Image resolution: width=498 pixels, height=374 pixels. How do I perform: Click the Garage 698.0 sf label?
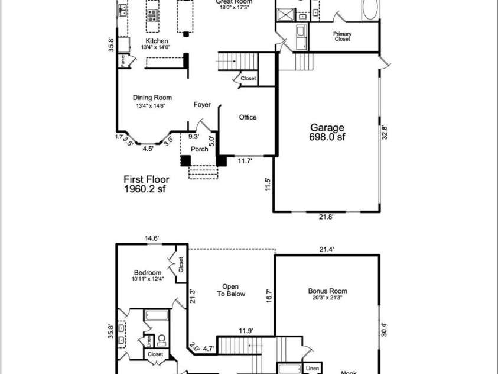pos(327,132)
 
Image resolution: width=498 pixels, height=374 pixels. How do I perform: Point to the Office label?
pos(248,117)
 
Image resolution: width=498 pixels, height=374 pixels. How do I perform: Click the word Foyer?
pos(202,105)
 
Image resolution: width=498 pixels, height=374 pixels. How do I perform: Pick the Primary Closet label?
pos(342,37)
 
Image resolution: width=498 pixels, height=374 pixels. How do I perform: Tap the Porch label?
pos(199,149)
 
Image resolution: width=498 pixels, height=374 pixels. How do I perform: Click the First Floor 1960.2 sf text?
pos(146,183)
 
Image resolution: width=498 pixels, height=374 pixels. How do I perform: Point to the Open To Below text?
pos(230,289)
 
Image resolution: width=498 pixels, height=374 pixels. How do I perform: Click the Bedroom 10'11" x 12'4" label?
pos(147,275)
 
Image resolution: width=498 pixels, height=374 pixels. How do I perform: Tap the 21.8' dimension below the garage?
pos(327,217)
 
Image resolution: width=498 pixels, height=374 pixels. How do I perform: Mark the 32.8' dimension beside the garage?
pos(385,132)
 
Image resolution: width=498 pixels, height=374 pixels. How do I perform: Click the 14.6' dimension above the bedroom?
pos(152,238)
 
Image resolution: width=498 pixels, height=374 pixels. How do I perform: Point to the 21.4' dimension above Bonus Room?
pos(327,250)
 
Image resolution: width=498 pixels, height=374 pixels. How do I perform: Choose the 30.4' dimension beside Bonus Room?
pos(384,328)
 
